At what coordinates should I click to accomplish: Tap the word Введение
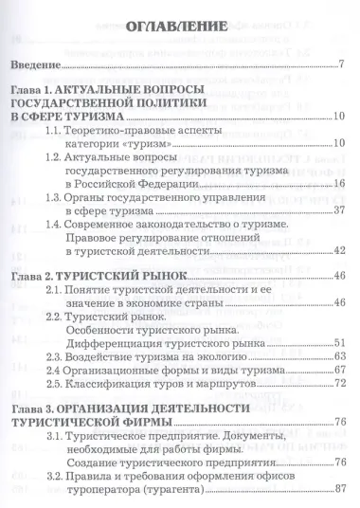(x=32, y=66)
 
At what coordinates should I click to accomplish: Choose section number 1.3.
(x=86, y=194)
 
